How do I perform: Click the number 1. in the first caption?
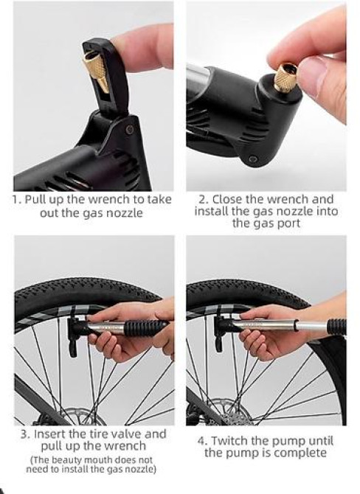tap(17, 199)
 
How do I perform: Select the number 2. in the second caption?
tap(201, 199)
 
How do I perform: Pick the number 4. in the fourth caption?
tap(201, 440)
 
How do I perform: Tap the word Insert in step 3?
tap(52, 434)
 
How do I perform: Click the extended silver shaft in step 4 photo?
tap(302, 325)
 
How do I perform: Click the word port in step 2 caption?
tap(284, 223)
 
